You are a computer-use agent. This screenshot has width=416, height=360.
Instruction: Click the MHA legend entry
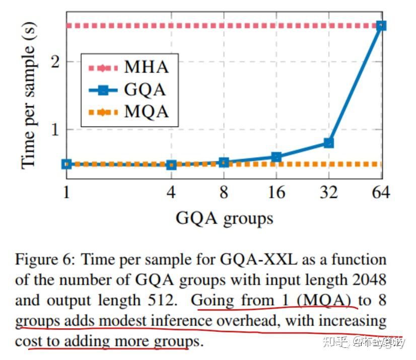click(x=128, y=67)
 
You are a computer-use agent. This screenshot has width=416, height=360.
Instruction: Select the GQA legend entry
click(x=128, y=90)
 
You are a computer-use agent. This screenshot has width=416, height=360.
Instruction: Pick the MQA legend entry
click(x=128, y=112)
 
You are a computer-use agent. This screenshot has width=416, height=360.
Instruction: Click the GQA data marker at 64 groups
click(x=381, y=26)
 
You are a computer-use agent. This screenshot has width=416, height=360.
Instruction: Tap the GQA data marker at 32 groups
click(x=329, y=143)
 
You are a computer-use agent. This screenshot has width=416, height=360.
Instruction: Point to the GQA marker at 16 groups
click(x=276, y=157)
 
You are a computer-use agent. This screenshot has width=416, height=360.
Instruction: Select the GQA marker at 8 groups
click(x=224, y=162)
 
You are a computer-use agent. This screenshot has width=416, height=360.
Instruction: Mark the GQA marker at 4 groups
click(x=171, y=165)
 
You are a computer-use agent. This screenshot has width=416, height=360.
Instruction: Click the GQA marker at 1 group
click(x=66, y=164)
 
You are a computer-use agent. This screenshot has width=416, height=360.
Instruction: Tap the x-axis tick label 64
click(x=381, y=192)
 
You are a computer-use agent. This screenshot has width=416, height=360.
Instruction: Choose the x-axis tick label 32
click(x=328, y=192)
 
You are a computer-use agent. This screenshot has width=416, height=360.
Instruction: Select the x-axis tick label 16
click(x=276, y=192)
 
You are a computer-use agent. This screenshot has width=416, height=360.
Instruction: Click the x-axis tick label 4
click(x=171, y=192)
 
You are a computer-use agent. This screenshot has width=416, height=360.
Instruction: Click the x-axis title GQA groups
click(x=224, y=218)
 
